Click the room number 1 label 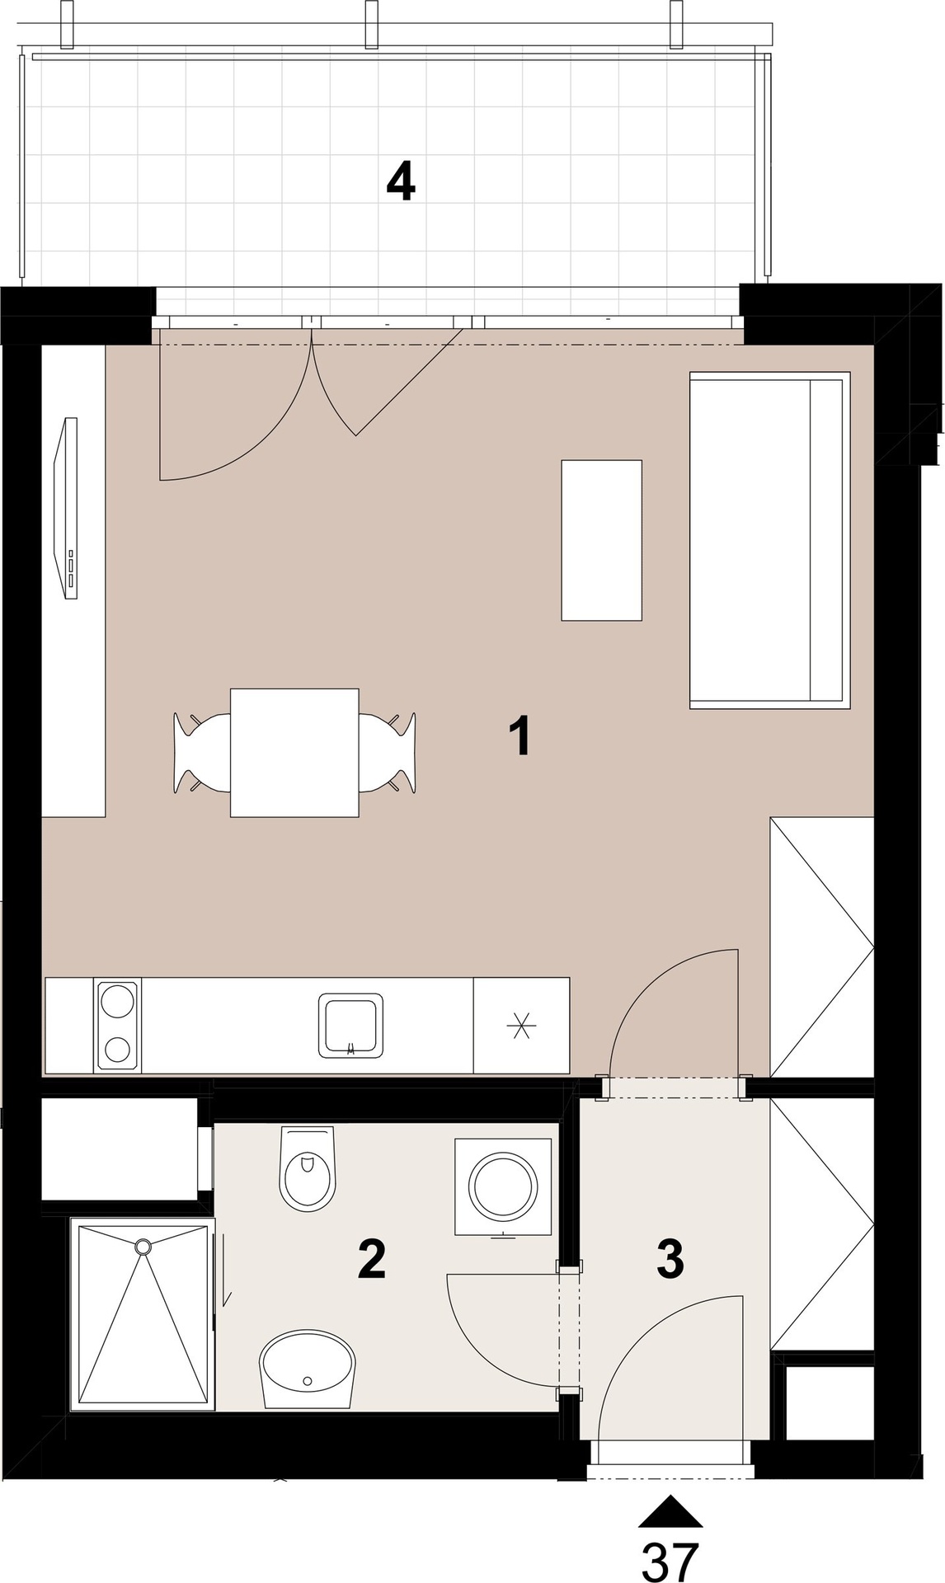tap(520, 736)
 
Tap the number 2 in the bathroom tap(372, 1258)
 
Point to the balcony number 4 tap(401, 181)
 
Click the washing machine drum tap(503, 1186)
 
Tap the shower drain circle tap(144, 1245)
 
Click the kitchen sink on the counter tap(351, 1025)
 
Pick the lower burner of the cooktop tap(117, 1049)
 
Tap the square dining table tap(294, 752)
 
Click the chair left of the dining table tap(201, 753)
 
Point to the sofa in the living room tap(769, 540)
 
